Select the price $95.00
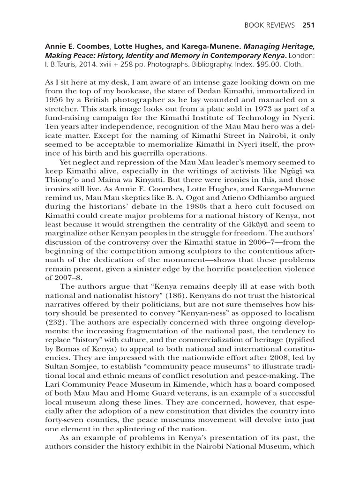click(269, 65)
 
